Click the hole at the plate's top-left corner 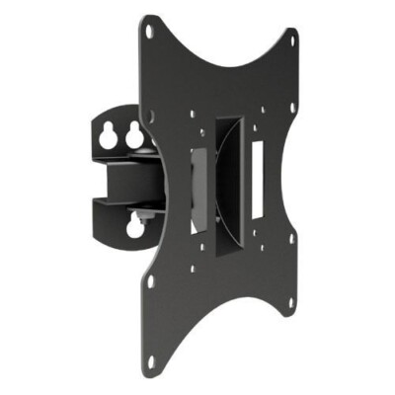[149, 32]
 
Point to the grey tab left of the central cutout [197, 179]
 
